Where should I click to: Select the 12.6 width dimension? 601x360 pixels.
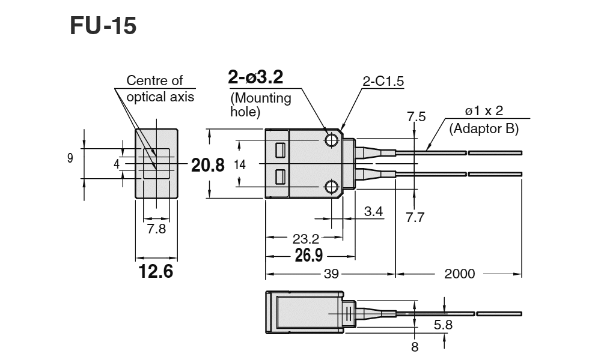[x=156, y=272]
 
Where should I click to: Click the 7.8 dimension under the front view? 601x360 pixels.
[x=156, y=229]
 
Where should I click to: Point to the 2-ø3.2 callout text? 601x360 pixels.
[x=255, y=77]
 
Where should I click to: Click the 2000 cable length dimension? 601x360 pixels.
[x=460, y=274]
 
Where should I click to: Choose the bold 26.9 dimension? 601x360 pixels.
[x=309, y=256]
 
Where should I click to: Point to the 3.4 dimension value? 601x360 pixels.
[x=374, y=211]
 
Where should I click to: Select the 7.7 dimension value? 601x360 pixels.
[x=415, y=217]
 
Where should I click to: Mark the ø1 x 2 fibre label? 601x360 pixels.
[x=483, y=112]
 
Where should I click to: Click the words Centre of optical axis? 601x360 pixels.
[x=156, y=88]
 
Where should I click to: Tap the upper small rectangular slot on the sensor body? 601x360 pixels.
[x=279, y=150]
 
